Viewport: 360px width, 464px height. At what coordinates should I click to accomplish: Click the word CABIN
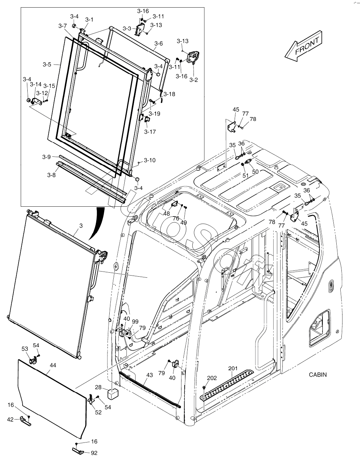[x=318, y=374]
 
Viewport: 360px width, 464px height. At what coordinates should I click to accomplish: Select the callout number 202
[x=212, y=378]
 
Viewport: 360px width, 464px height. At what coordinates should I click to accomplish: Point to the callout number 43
[x=150, y=375]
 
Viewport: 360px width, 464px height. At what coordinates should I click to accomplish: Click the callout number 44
[x=53, y=365]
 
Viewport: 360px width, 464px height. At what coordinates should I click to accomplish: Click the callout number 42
[x=10, y=420]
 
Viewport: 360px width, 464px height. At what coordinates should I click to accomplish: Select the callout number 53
[x=25, y=349]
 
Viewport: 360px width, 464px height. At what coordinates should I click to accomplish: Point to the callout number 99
[x=135, y=321]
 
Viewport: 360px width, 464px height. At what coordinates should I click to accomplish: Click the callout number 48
[x=167, y=214]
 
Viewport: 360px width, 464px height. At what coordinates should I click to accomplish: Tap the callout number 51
[x=246, y=175]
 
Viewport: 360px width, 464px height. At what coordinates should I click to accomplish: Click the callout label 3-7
[x=62, y=26]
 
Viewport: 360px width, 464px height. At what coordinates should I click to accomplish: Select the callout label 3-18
[x=169, y=94]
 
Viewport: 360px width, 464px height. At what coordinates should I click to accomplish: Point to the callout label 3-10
[x=149, y=160]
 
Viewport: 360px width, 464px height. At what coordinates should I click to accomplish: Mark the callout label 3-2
[x=193, y=80]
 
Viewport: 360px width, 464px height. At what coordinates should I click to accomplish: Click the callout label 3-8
[x=51, y=175]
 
